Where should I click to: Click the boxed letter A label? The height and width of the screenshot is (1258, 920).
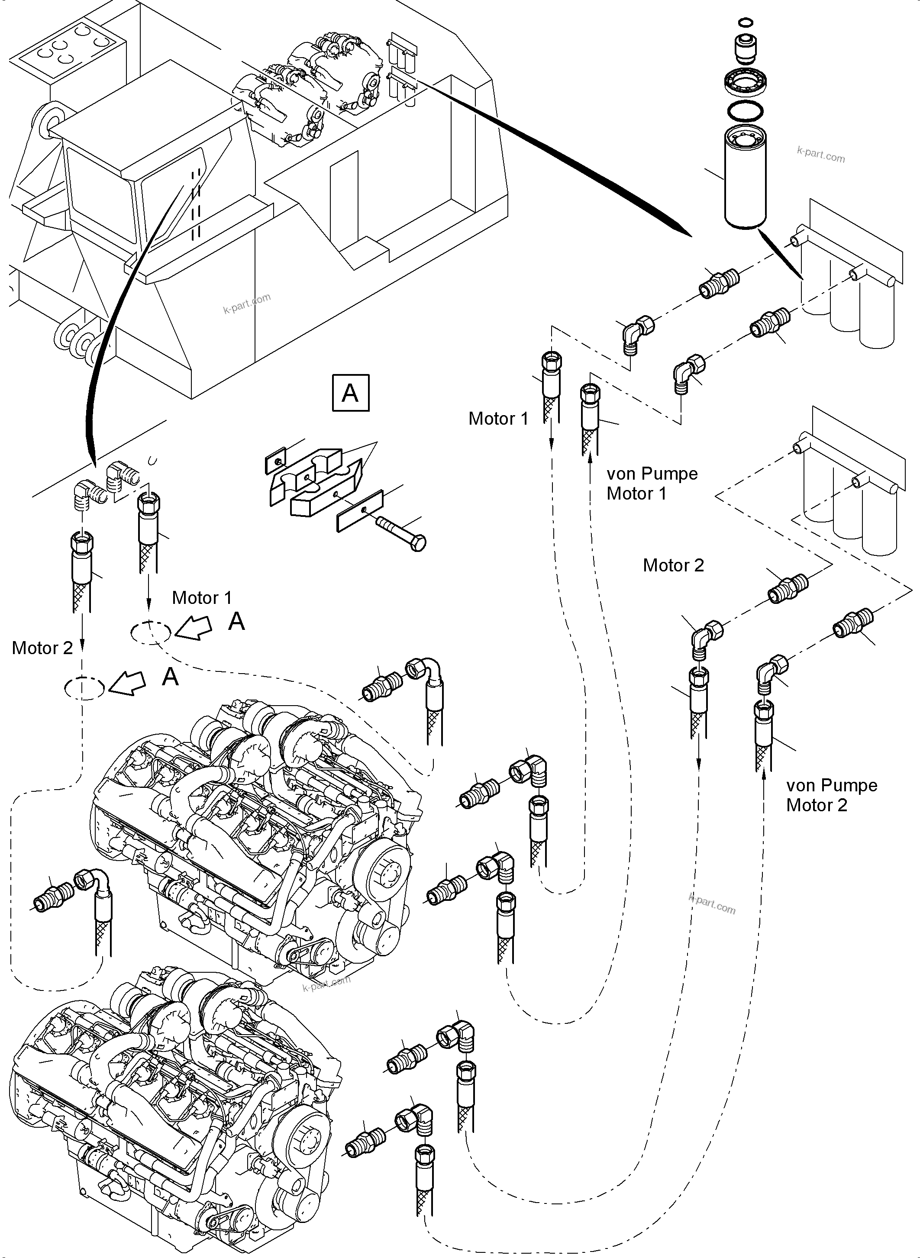coord(350,393)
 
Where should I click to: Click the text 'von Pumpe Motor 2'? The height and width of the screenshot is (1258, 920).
coord(831,795)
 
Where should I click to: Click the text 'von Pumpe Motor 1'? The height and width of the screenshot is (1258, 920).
coord(652,484)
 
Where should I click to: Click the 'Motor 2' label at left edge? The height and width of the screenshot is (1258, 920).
coord(42,648)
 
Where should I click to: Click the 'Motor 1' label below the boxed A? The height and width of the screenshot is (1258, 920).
coord(498,418)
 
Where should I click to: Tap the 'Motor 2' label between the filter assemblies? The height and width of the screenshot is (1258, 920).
coord(673,565)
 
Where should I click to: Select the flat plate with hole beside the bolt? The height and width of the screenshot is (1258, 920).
coord(360,510)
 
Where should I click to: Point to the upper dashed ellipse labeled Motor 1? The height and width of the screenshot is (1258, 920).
coord(150,632)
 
